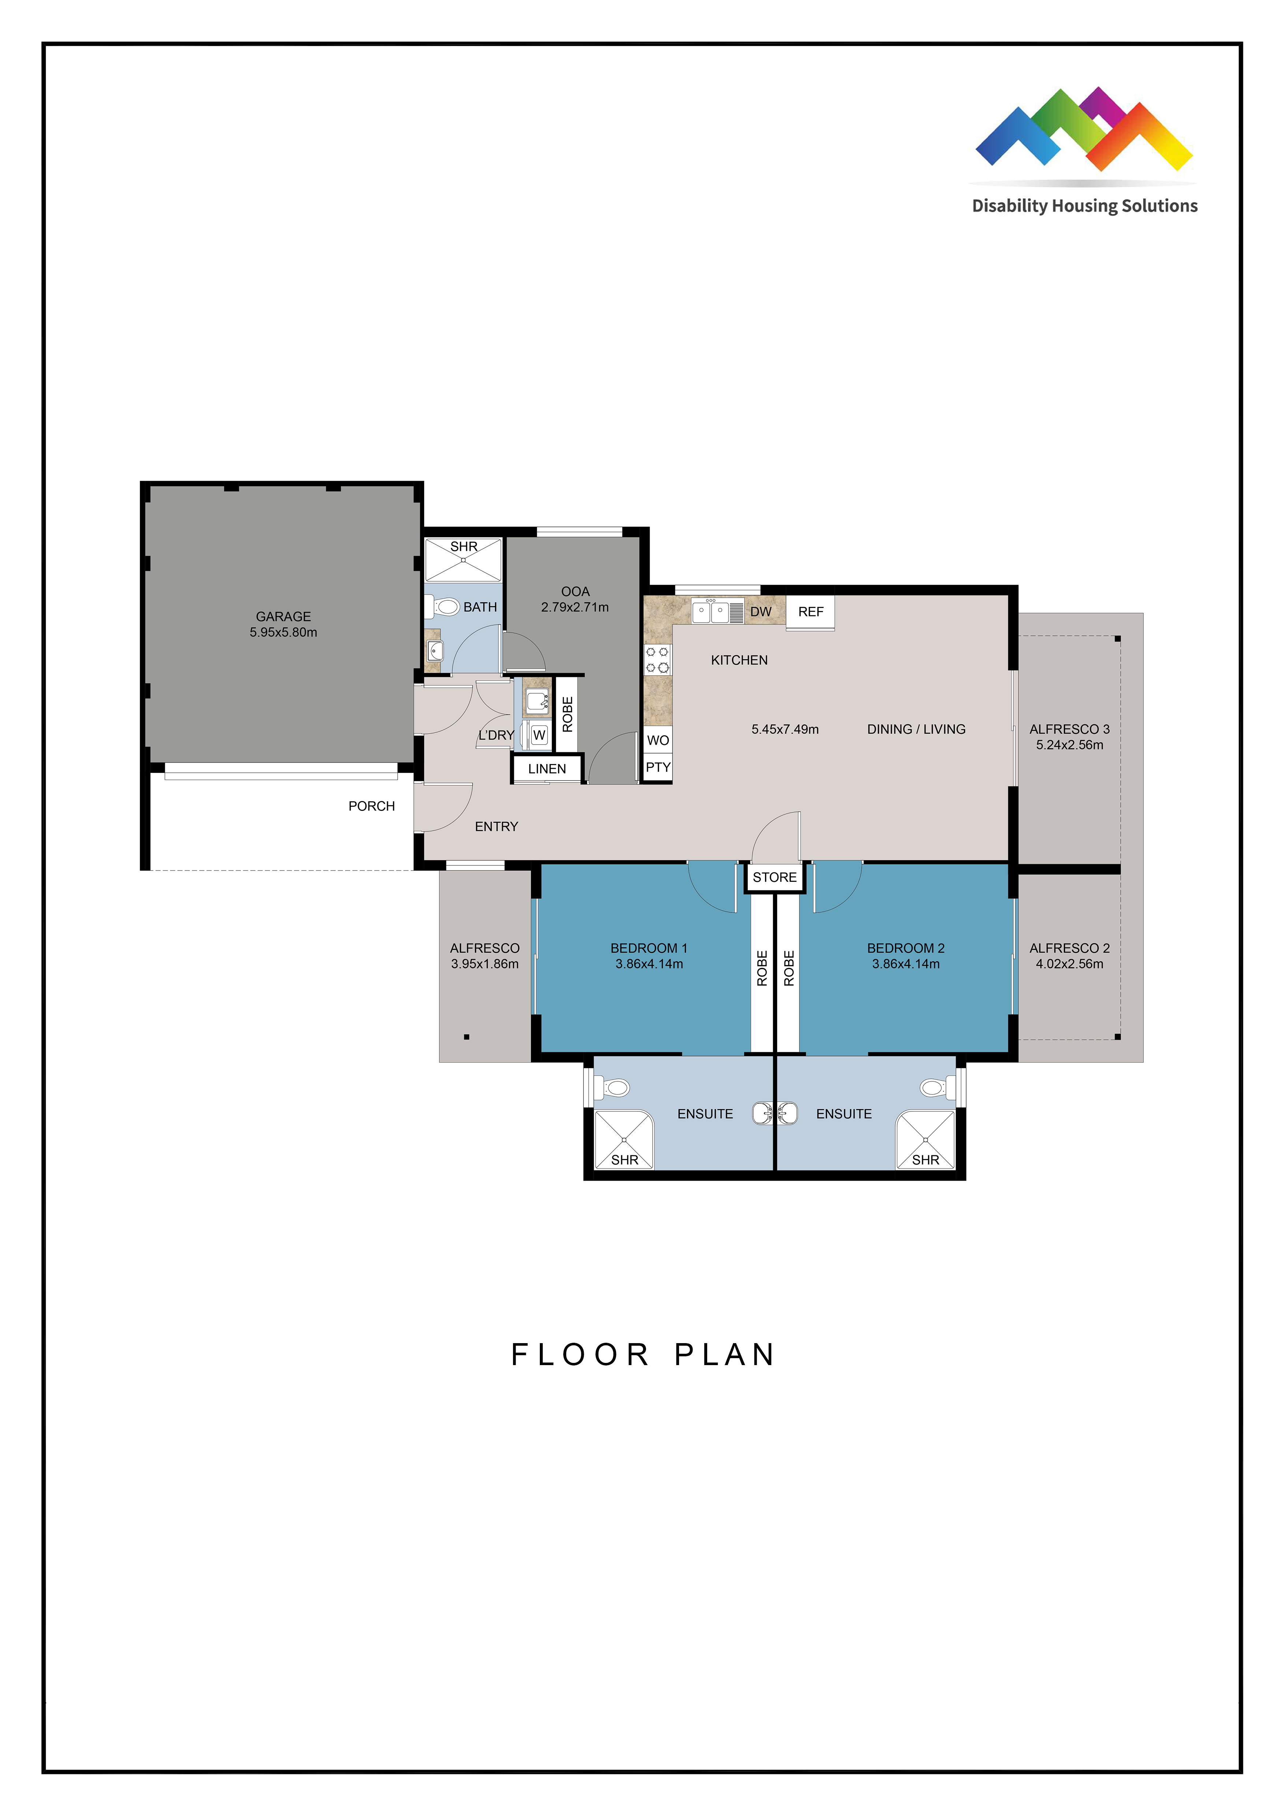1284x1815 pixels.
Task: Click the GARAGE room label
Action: [x=283, y=616]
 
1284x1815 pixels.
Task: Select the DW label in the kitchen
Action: [x=761, y=612]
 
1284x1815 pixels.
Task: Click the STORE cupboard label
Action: [x=775, y=877]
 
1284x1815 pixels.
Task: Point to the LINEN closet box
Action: [x=547, y=768]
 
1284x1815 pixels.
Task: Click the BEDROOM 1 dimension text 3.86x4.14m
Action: [x=649, y=964]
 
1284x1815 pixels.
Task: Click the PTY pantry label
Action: [x=658, y=767]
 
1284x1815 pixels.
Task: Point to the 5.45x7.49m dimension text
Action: [x=785, y=729]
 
